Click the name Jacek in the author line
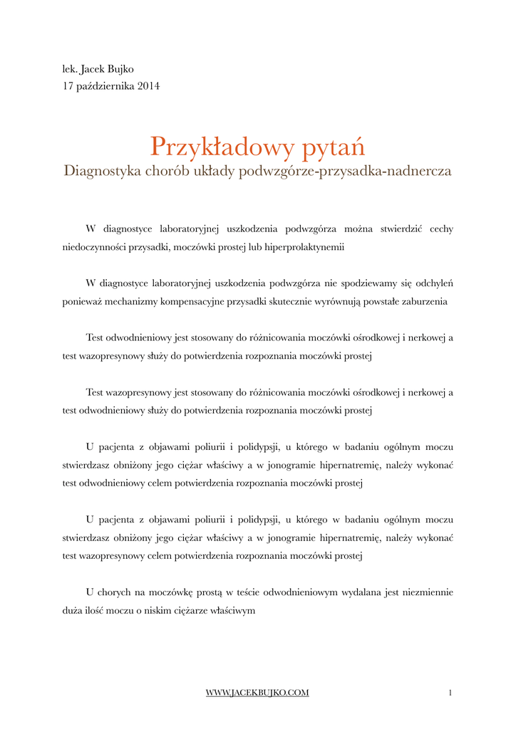pyautogui.click(x=93, y=69)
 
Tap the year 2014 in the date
pyautogui.click(x=148, y=86)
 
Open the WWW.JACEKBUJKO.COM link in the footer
pyautogui.click(x=257, y=693)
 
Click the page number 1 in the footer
pyautogui.click(x=450, y=693)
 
